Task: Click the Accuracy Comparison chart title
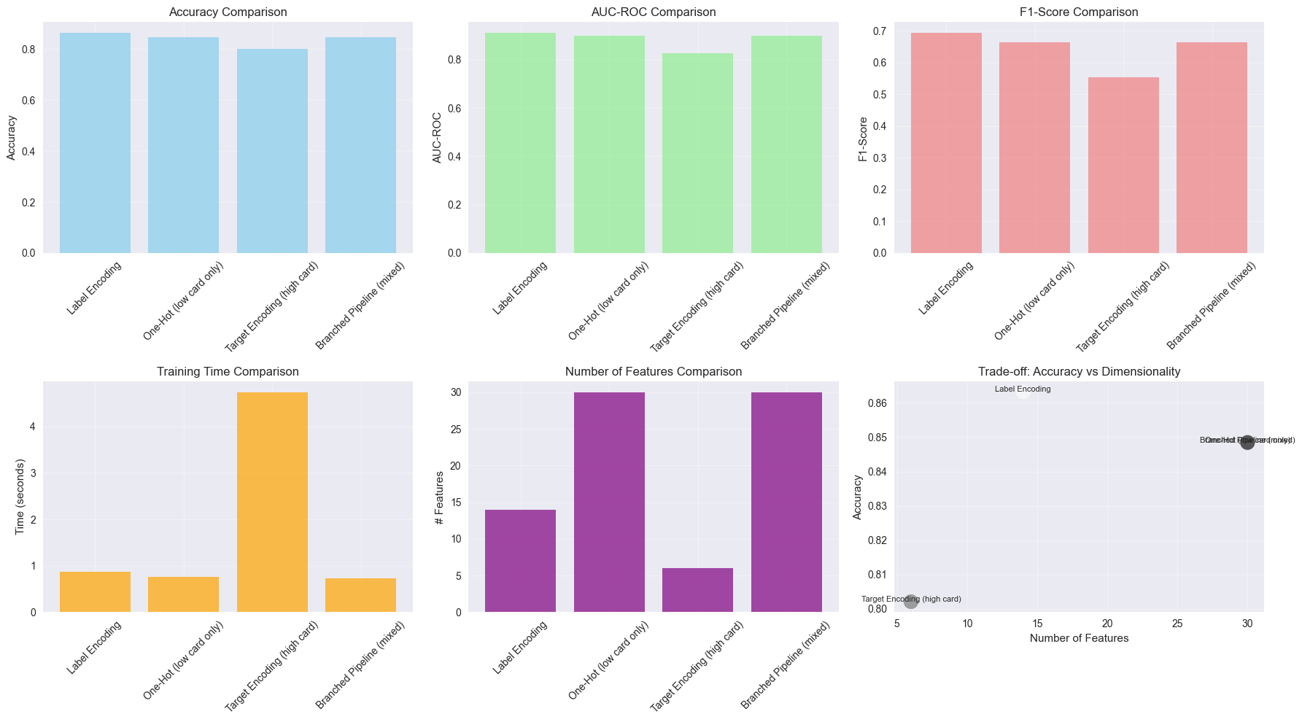tap(228, 12)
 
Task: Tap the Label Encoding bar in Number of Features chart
tap(520, 561)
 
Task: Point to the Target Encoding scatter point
tap(910, 601)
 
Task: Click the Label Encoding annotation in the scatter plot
tap(1023, 389)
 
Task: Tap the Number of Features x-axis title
tap(1079, 638)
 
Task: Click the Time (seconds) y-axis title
tap(20, 497)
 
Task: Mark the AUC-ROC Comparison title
tap(654, 12)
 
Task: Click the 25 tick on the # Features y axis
tap(455, 430)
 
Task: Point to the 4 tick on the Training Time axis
tap(33, 427)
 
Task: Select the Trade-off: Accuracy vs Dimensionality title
tap(1079, 372)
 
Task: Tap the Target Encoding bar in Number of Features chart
tap(697, 590)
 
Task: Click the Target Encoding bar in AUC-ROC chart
tap(697, 153)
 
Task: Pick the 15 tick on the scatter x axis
tap(1037, 624)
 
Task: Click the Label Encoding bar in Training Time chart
tap(95, 591)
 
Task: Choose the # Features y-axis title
tap(440, 497)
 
